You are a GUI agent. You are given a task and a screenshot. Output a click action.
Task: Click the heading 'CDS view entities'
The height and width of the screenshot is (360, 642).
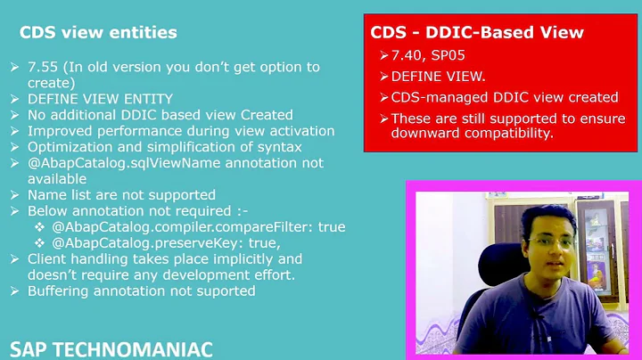(98, 33)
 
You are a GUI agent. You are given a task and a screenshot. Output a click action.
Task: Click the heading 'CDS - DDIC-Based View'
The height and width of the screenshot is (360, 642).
(477, 33)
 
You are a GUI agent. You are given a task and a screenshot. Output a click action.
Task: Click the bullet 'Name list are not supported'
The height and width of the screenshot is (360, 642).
(121, 195)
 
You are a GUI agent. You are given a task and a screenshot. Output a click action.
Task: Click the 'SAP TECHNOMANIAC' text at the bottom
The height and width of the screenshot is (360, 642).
(111, 348)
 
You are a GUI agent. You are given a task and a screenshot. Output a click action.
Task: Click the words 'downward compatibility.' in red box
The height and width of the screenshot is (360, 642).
(473, 134)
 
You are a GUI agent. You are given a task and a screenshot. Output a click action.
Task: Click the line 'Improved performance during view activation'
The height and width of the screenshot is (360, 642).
(181, 131)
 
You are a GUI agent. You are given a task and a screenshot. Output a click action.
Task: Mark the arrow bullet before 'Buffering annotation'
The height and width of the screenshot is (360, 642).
(16, 291)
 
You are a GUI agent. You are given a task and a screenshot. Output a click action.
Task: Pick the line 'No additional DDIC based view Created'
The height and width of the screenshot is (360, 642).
(160, 115)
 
